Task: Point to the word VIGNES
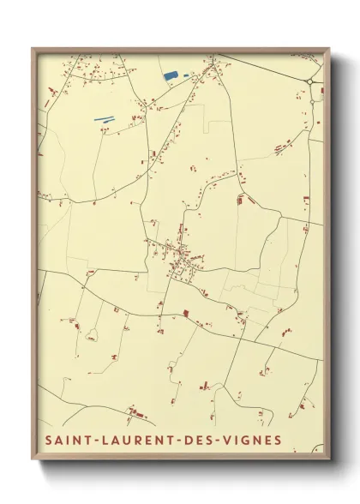[256, 441]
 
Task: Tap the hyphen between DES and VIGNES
[225, 441]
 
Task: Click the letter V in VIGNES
[235, 441]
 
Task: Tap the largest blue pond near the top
[171, 76]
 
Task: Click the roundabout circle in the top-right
[310, 81]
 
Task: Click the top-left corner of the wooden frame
[33, 49]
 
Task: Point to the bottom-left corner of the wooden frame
[33, 462]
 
